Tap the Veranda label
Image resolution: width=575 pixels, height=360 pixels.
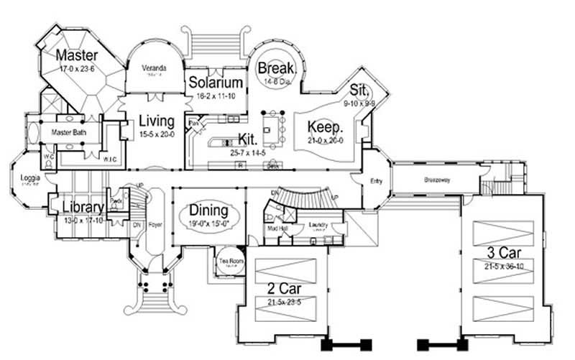[154, 68]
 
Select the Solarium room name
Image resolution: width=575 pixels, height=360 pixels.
[216, 83]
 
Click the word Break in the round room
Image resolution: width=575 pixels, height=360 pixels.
[273, 68]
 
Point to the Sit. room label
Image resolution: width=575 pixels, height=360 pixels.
[359, 91]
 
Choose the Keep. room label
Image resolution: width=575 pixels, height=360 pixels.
[326, 126]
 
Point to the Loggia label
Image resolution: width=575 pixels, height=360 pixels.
[30, 177]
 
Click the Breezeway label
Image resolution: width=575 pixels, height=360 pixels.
[436, 180]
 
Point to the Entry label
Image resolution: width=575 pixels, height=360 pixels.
[376, 181]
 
